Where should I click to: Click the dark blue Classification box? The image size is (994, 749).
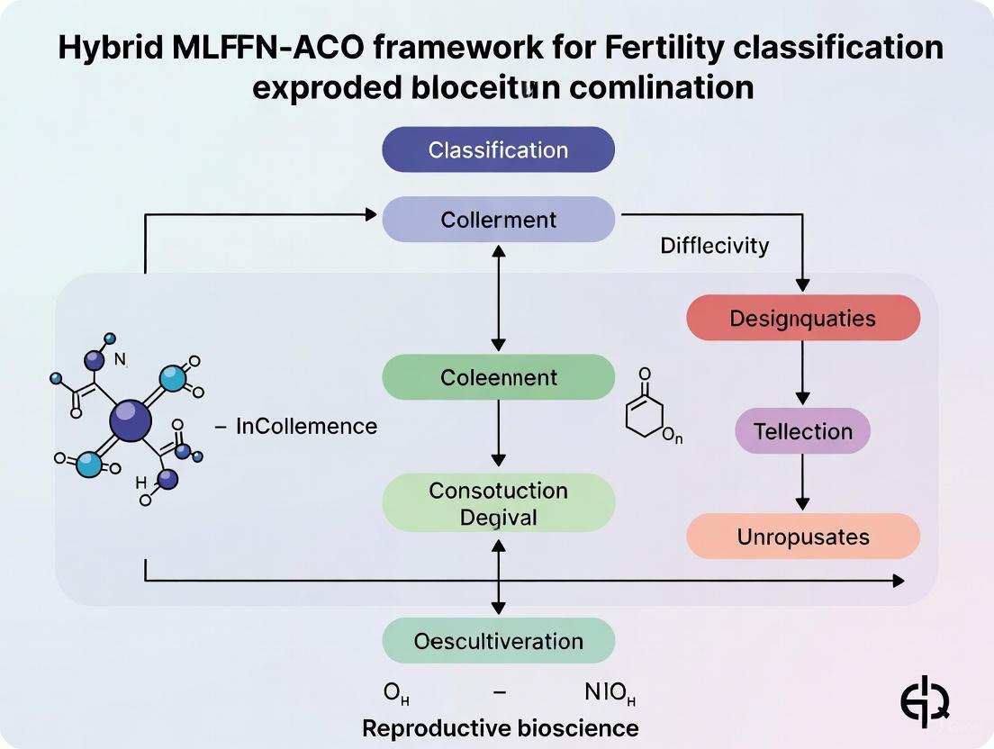click(x=498, y=149)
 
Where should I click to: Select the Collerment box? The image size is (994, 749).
click(x=498, y=220)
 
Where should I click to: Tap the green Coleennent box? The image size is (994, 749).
click(x=498, y=377)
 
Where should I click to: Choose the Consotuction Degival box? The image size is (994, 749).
click(x=498, y=503)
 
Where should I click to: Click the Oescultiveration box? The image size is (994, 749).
click(x=498, y=641)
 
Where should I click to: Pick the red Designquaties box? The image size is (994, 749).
click(x=802, y=318)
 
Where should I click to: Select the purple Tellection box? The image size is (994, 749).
click(x=802, y=430)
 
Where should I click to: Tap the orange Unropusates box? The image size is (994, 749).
click(x=802, y=537)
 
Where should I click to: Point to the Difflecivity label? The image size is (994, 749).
click(x=714, y=246)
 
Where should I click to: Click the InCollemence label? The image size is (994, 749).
click(x=306, y=426)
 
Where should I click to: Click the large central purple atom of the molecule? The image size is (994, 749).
click(x=131, y=420)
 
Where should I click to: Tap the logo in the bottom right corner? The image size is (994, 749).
click(x=926, y=699)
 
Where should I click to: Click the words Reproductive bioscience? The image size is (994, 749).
click(x=500, y=727)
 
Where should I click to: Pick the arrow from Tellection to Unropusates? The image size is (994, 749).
click(x=802, y=482)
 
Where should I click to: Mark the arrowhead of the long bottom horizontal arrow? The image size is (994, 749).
click(x=898, y=581)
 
